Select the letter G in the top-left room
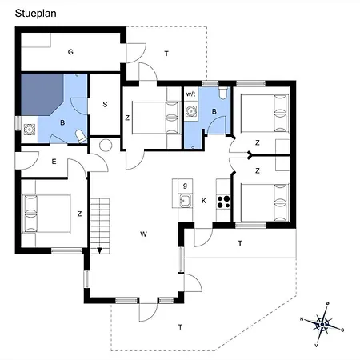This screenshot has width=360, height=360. click(x=70, y=52)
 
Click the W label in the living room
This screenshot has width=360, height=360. click(x=143, y=234)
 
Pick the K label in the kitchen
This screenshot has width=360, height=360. click(x=205, y=200)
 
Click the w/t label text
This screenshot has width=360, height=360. click(x=191, y=94)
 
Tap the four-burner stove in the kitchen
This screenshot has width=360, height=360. click(x=223, y=200)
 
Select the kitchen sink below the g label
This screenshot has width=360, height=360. click(x=184, y=201)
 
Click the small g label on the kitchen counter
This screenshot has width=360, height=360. click(x=185, y=185)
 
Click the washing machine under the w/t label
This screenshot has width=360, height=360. click(x=191, y=111)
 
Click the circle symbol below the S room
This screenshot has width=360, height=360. click(x=105, y=146)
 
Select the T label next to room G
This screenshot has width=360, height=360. click(x=166, y=54)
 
